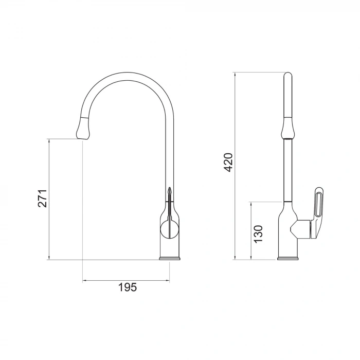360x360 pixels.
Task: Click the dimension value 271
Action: [43, 198]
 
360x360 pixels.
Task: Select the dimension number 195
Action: [127, 287]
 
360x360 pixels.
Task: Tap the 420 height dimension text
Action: [229, 162]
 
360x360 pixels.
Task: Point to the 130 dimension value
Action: [259, 233]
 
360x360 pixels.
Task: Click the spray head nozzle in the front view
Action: [82, 129]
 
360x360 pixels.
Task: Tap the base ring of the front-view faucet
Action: [169, 258]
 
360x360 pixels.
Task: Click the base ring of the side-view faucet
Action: [287, 258]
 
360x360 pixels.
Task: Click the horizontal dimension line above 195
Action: [126, 281]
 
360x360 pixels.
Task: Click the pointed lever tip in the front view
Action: [169, 190]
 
